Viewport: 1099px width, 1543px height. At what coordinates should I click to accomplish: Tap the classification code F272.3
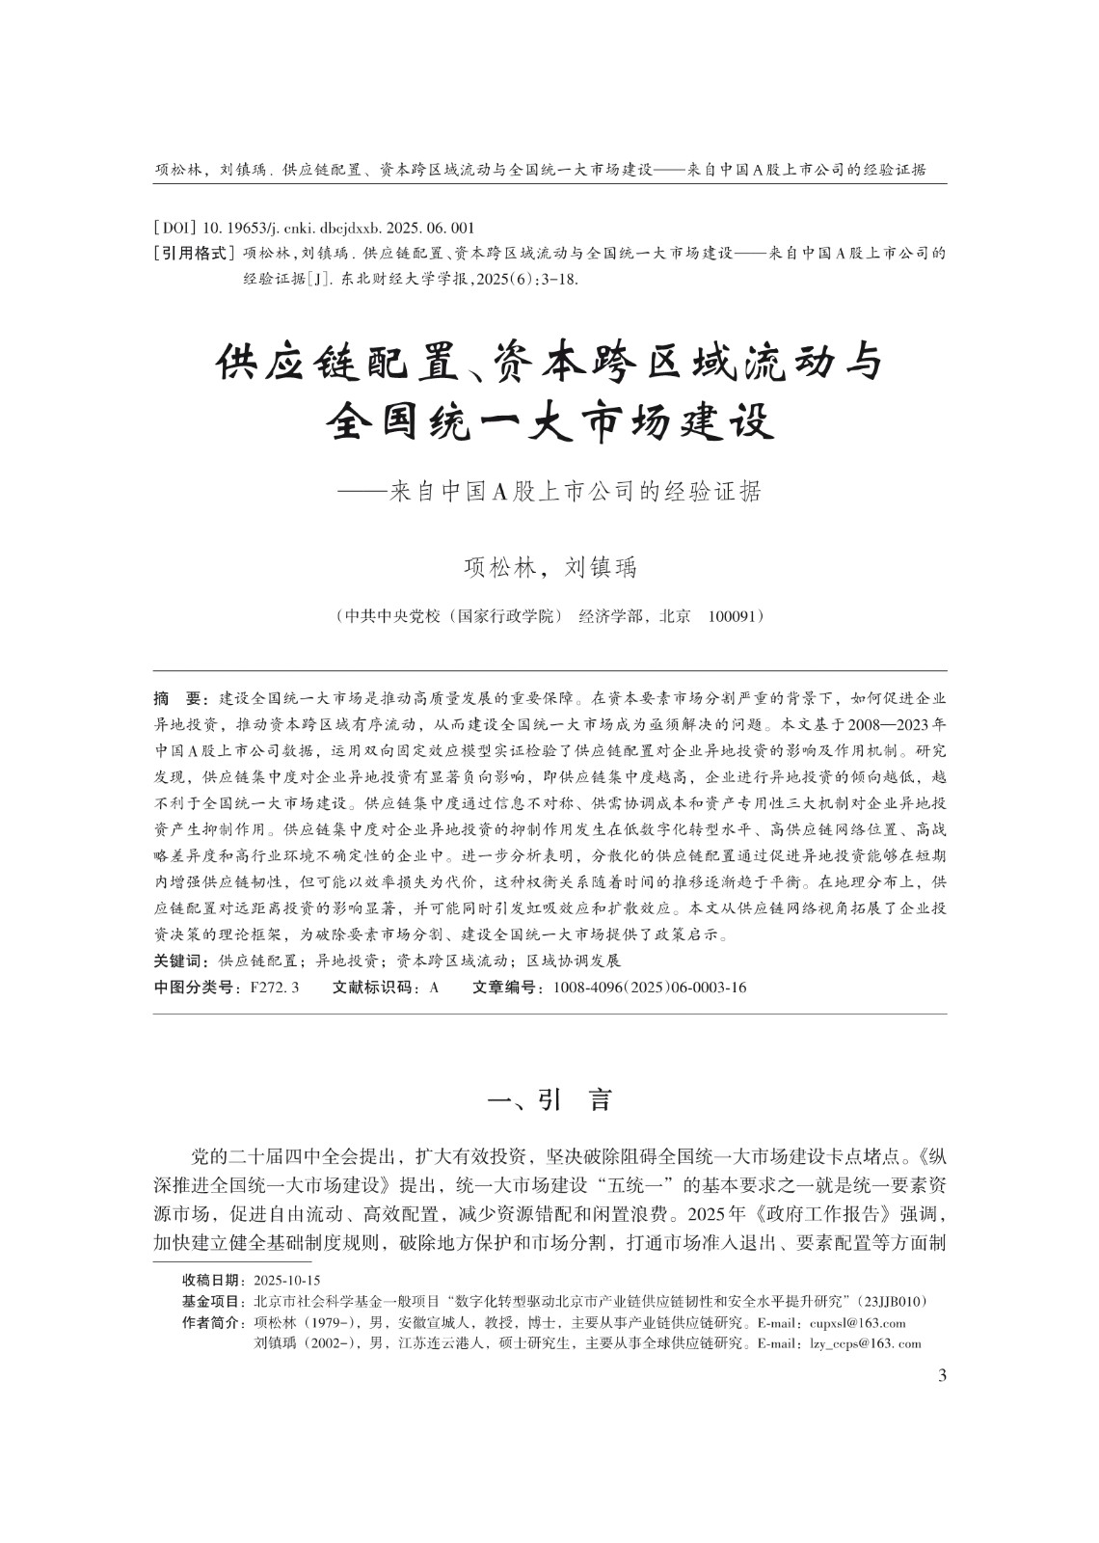[275, 988]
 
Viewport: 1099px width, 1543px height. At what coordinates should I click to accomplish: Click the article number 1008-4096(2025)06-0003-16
[650, 988]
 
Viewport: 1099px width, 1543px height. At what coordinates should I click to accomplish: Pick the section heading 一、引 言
[550, 1100]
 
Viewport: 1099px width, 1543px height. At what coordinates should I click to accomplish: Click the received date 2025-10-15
[287, 1281]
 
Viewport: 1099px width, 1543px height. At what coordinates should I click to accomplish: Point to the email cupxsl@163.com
[858, 1323]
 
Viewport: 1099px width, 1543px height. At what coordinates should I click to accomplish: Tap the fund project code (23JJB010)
[897, 1302]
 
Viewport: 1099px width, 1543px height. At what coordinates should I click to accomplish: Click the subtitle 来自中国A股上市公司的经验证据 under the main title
[575, 492]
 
